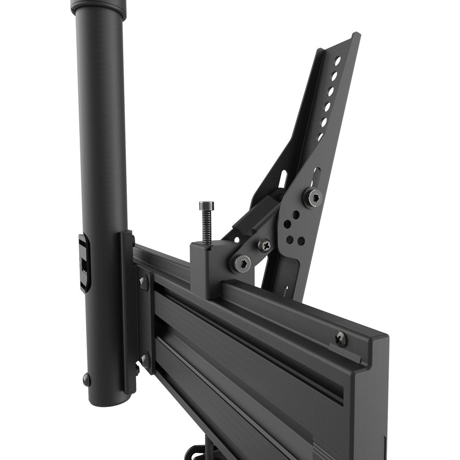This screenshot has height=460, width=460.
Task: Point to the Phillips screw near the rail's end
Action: pos(341,338)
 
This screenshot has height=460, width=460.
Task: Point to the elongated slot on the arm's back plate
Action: pos(282,179)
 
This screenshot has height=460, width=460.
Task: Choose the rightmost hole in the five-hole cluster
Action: pos(301,240)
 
